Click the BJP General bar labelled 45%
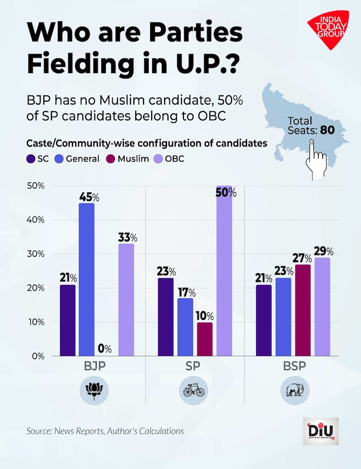87,280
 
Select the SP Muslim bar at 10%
205,339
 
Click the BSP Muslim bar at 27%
303,310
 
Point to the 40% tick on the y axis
36,220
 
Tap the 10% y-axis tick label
36,322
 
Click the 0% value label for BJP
104,348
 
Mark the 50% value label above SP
226,193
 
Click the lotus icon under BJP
94,389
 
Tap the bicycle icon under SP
194,389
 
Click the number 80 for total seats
324,130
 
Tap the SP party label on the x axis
194,366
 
